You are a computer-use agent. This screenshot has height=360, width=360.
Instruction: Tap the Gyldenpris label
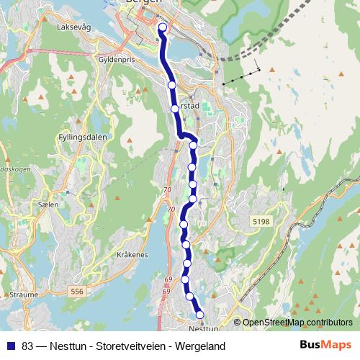tap(117, 61)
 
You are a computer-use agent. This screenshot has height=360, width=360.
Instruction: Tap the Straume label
tap(23, 294)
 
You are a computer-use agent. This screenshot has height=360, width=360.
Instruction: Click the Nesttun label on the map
tap(207, 328)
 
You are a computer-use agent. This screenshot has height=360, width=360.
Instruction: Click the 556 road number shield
tap(77, 291)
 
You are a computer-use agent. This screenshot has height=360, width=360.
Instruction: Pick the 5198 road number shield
tap(261, 222)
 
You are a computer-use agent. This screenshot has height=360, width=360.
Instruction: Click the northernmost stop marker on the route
tap(162, 28)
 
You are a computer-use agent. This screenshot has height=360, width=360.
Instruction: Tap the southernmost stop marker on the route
tap(199, 313)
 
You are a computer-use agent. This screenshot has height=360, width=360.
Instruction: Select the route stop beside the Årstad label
tap(175, 109)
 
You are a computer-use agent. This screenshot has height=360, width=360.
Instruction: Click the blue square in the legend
tap(11, 346)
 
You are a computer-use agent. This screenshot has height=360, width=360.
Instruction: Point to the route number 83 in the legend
tap(28, 346)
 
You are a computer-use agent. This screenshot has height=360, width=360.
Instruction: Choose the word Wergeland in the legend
tap(199, 346)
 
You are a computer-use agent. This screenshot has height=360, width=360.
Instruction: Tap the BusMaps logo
tap(325, 346)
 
